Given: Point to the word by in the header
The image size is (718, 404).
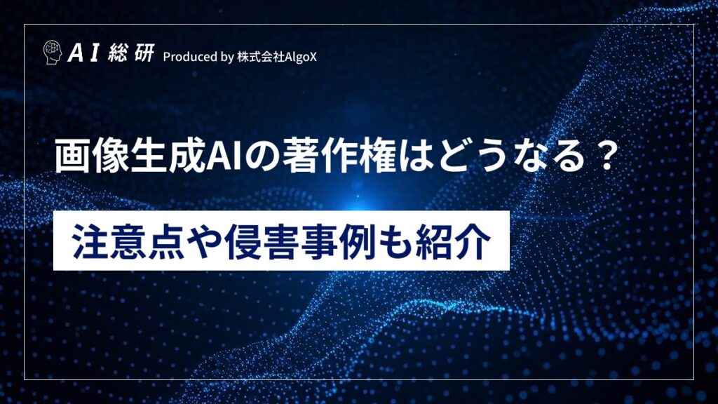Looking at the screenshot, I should coord(226,57).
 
